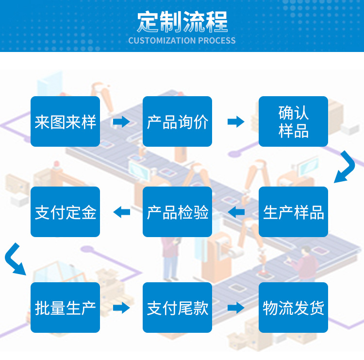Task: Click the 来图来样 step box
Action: click(65, 121)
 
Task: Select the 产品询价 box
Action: click(177, 121)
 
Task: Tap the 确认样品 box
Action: click(293, 121)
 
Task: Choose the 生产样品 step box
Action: click(293, 212)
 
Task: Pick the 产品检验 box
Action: click(177, 212)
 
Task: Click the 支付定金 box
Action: click(65, 212)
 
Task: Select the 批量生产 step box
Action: click(65, 308)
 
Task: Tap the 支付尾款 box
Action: click(177, 308)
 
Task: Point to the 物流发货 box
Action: click(293, 308)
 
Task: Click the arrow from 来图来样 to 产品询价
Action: click(121, 121)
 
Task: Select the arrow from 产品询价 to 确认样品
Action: click(236, 121)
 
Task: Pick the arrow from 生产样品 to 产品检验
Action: click(236, 212)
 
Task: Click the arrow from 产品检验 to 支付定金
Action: click(121, 212)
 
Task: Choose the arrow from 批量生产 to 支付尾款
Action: click(121, 308)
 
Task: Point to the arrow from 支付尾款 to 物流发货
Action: click(236, 308)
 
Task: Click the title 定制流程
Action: click(182, 21)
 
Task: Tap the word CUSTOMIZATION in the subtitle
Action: click(160, 41)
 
